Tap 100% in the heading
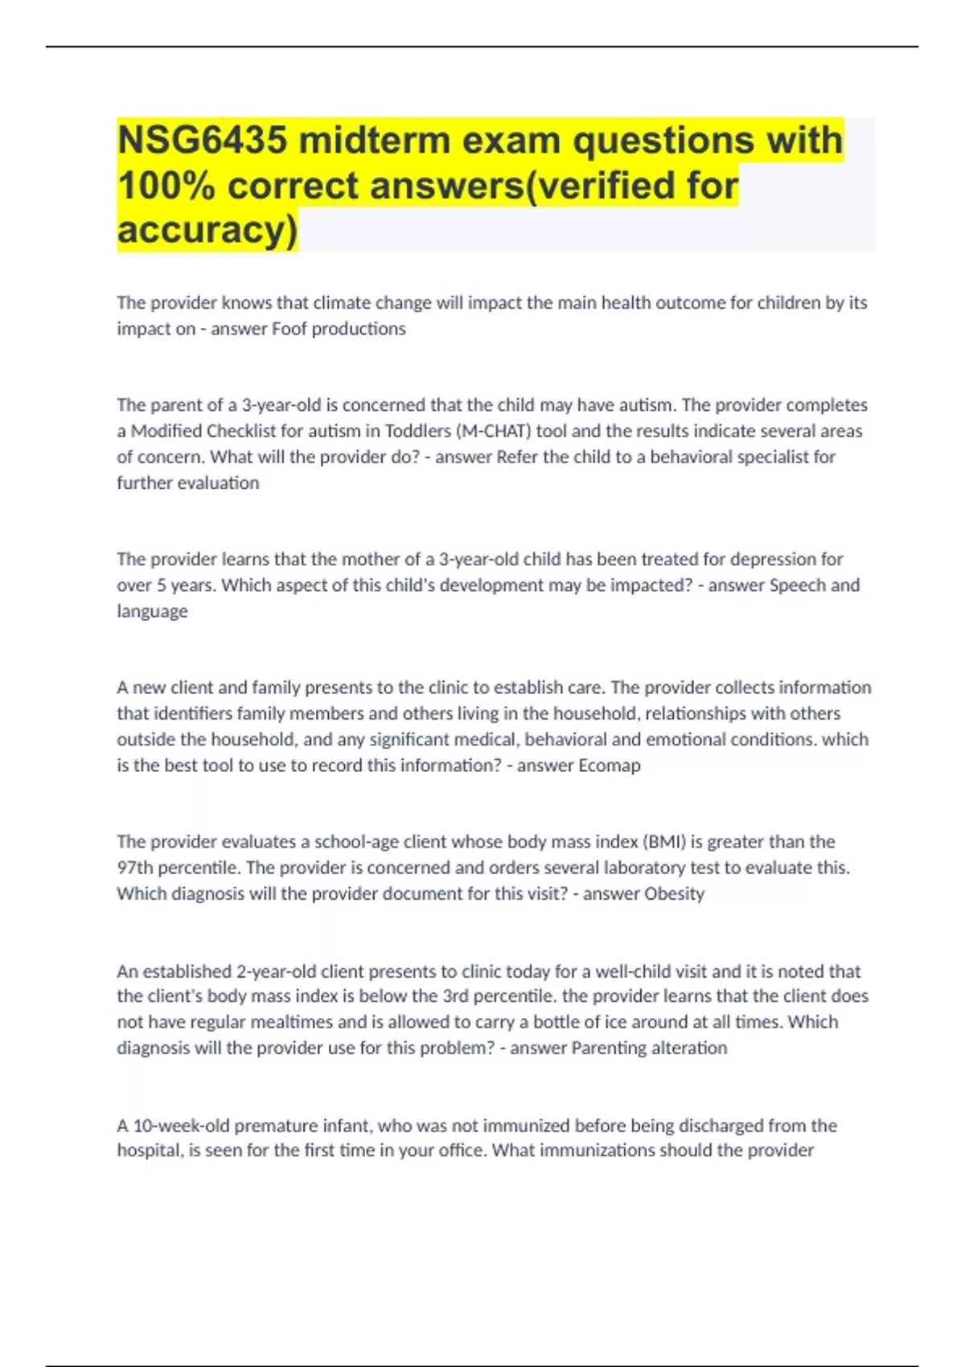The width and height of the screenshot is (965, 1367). [166, 186]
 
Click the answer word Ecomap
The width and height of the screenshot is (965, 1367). [610, 766]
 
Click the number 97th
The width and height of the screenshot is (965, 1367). [134, 868]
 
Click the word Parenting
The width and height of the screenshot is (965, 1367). [609, 1048]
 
